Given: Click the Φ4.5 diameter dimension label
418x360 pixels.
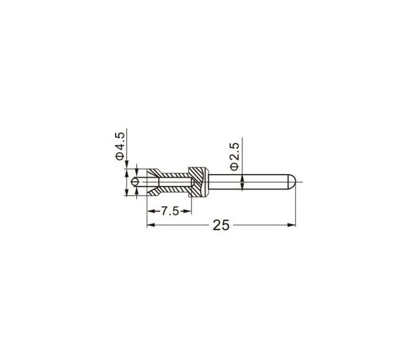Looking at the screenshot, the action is [120, 146].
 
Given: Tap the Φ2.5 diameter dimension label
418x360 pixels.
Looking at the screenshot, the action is [235, 156].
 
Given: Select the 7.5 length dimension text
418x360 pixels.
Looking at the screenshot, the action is [170, 211].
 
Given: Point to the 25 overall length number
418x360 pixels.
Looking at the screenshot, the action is [221, 225].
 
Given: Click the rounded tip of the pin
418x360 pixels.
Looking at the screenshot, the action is [292, 182].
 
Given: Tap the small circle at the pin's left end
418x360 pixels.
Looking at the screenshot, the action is [135, 182].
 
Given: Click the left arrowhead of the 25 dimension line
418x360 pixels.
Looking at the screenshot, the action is [151, 225].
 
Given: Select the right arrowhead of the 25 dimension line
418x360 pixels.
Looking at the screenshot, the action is [292, 225].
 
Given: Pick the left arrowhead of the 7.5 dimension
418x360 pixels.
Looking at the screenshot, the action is [151, 211].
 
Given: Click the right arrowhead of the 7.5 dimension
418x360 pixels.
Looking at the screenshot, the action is [187, 211].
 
